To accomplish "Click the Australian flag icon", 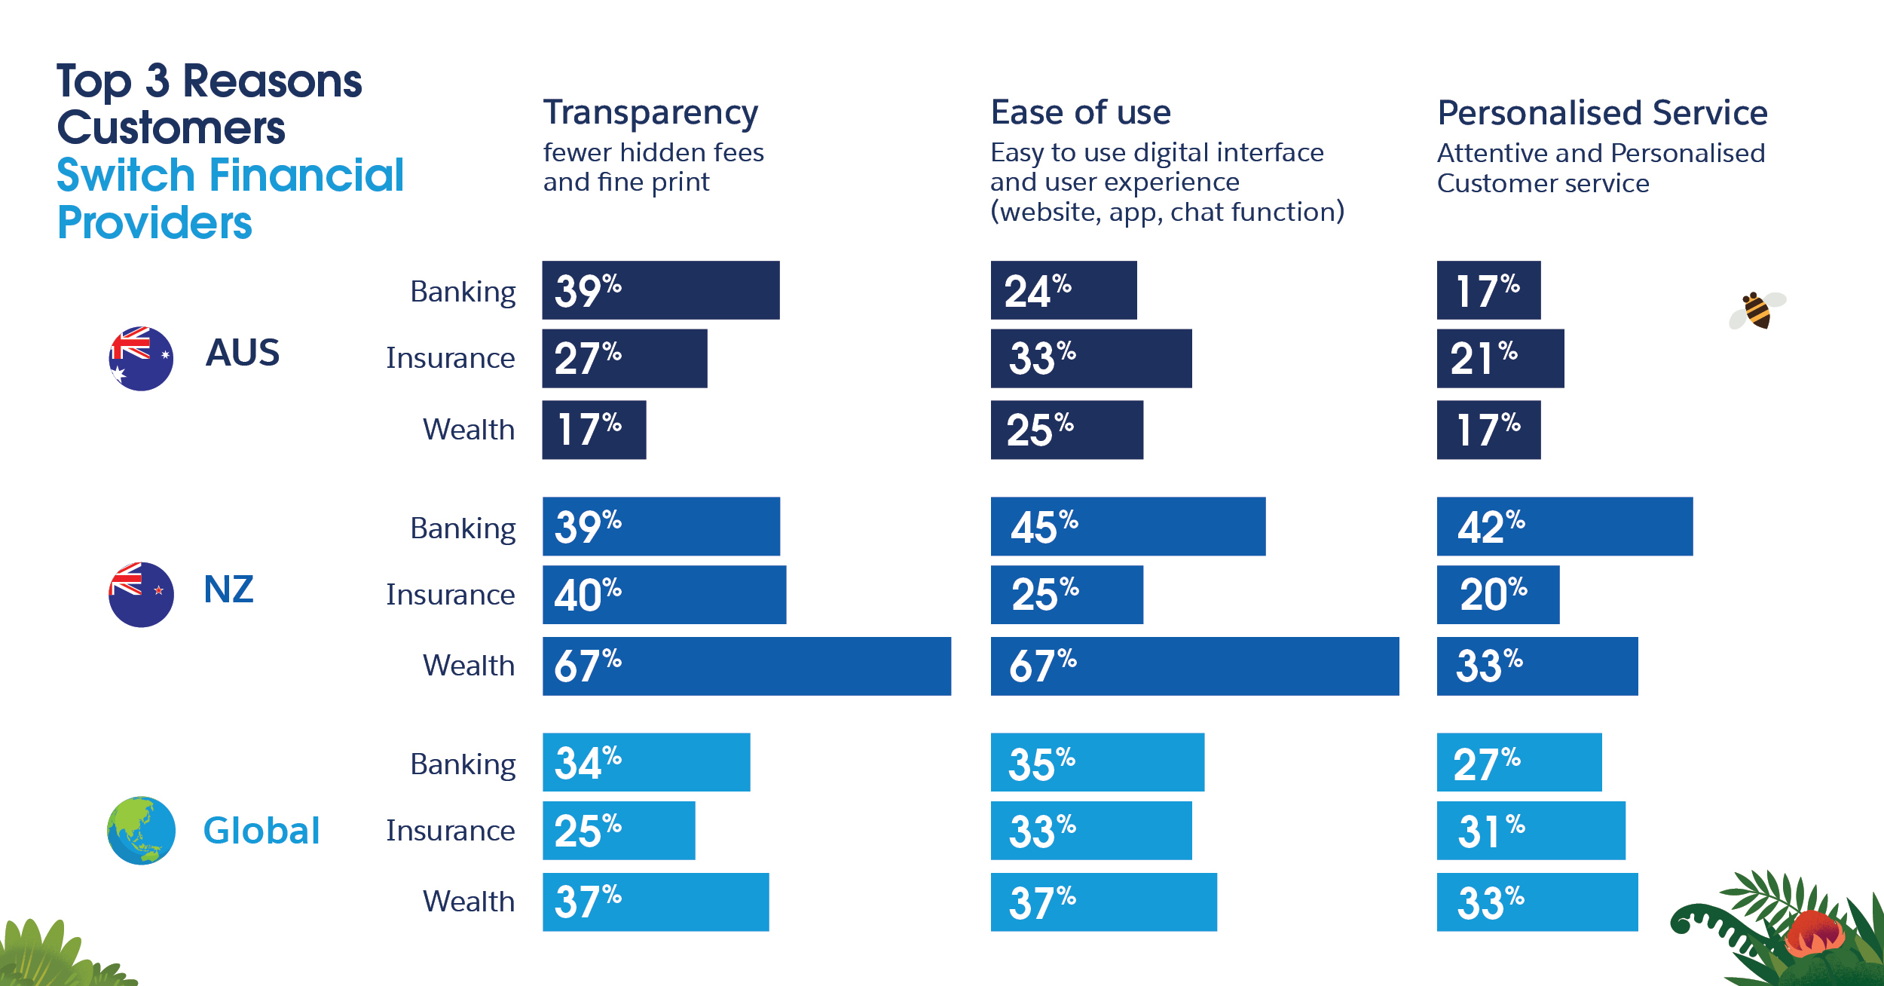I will (x=141, y=358).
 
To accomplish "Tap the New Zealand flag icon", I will (x=141, y=594).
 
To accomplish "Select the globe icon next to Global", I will (x=141, y=830).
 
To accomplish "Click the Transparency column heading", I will (x=650, y=112).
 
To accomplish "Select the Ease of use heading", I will (x=1081, y=112).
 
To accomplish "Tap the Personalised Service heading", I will (x=1602, y=113).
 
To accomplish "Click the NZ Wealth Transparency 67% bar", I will (x=746, y=666).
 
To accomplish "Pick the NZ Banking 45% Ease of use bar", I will (x=1127, y=526).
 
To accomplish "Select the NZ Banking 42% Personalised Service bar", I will (x=1564, y=526).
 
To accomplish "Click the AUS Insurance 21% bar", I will (x=1500, y=358).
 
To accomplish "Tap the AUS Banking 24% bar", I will (x=1063, y=290).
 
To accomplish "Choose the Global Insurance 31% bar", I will (x=1531, y=830).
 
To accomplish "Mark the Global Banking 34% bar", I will (x=646, y=762).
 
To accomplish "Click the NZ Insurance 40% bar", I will (x=664, y=595).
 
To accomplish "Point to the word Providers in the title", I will (x=154, y=223).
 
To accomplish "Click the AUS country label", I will (x=242, y=353).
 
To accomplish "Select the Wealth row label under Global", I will (x=468, y=902).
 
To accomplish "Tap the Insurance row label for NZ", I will (x=450, y=595).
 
